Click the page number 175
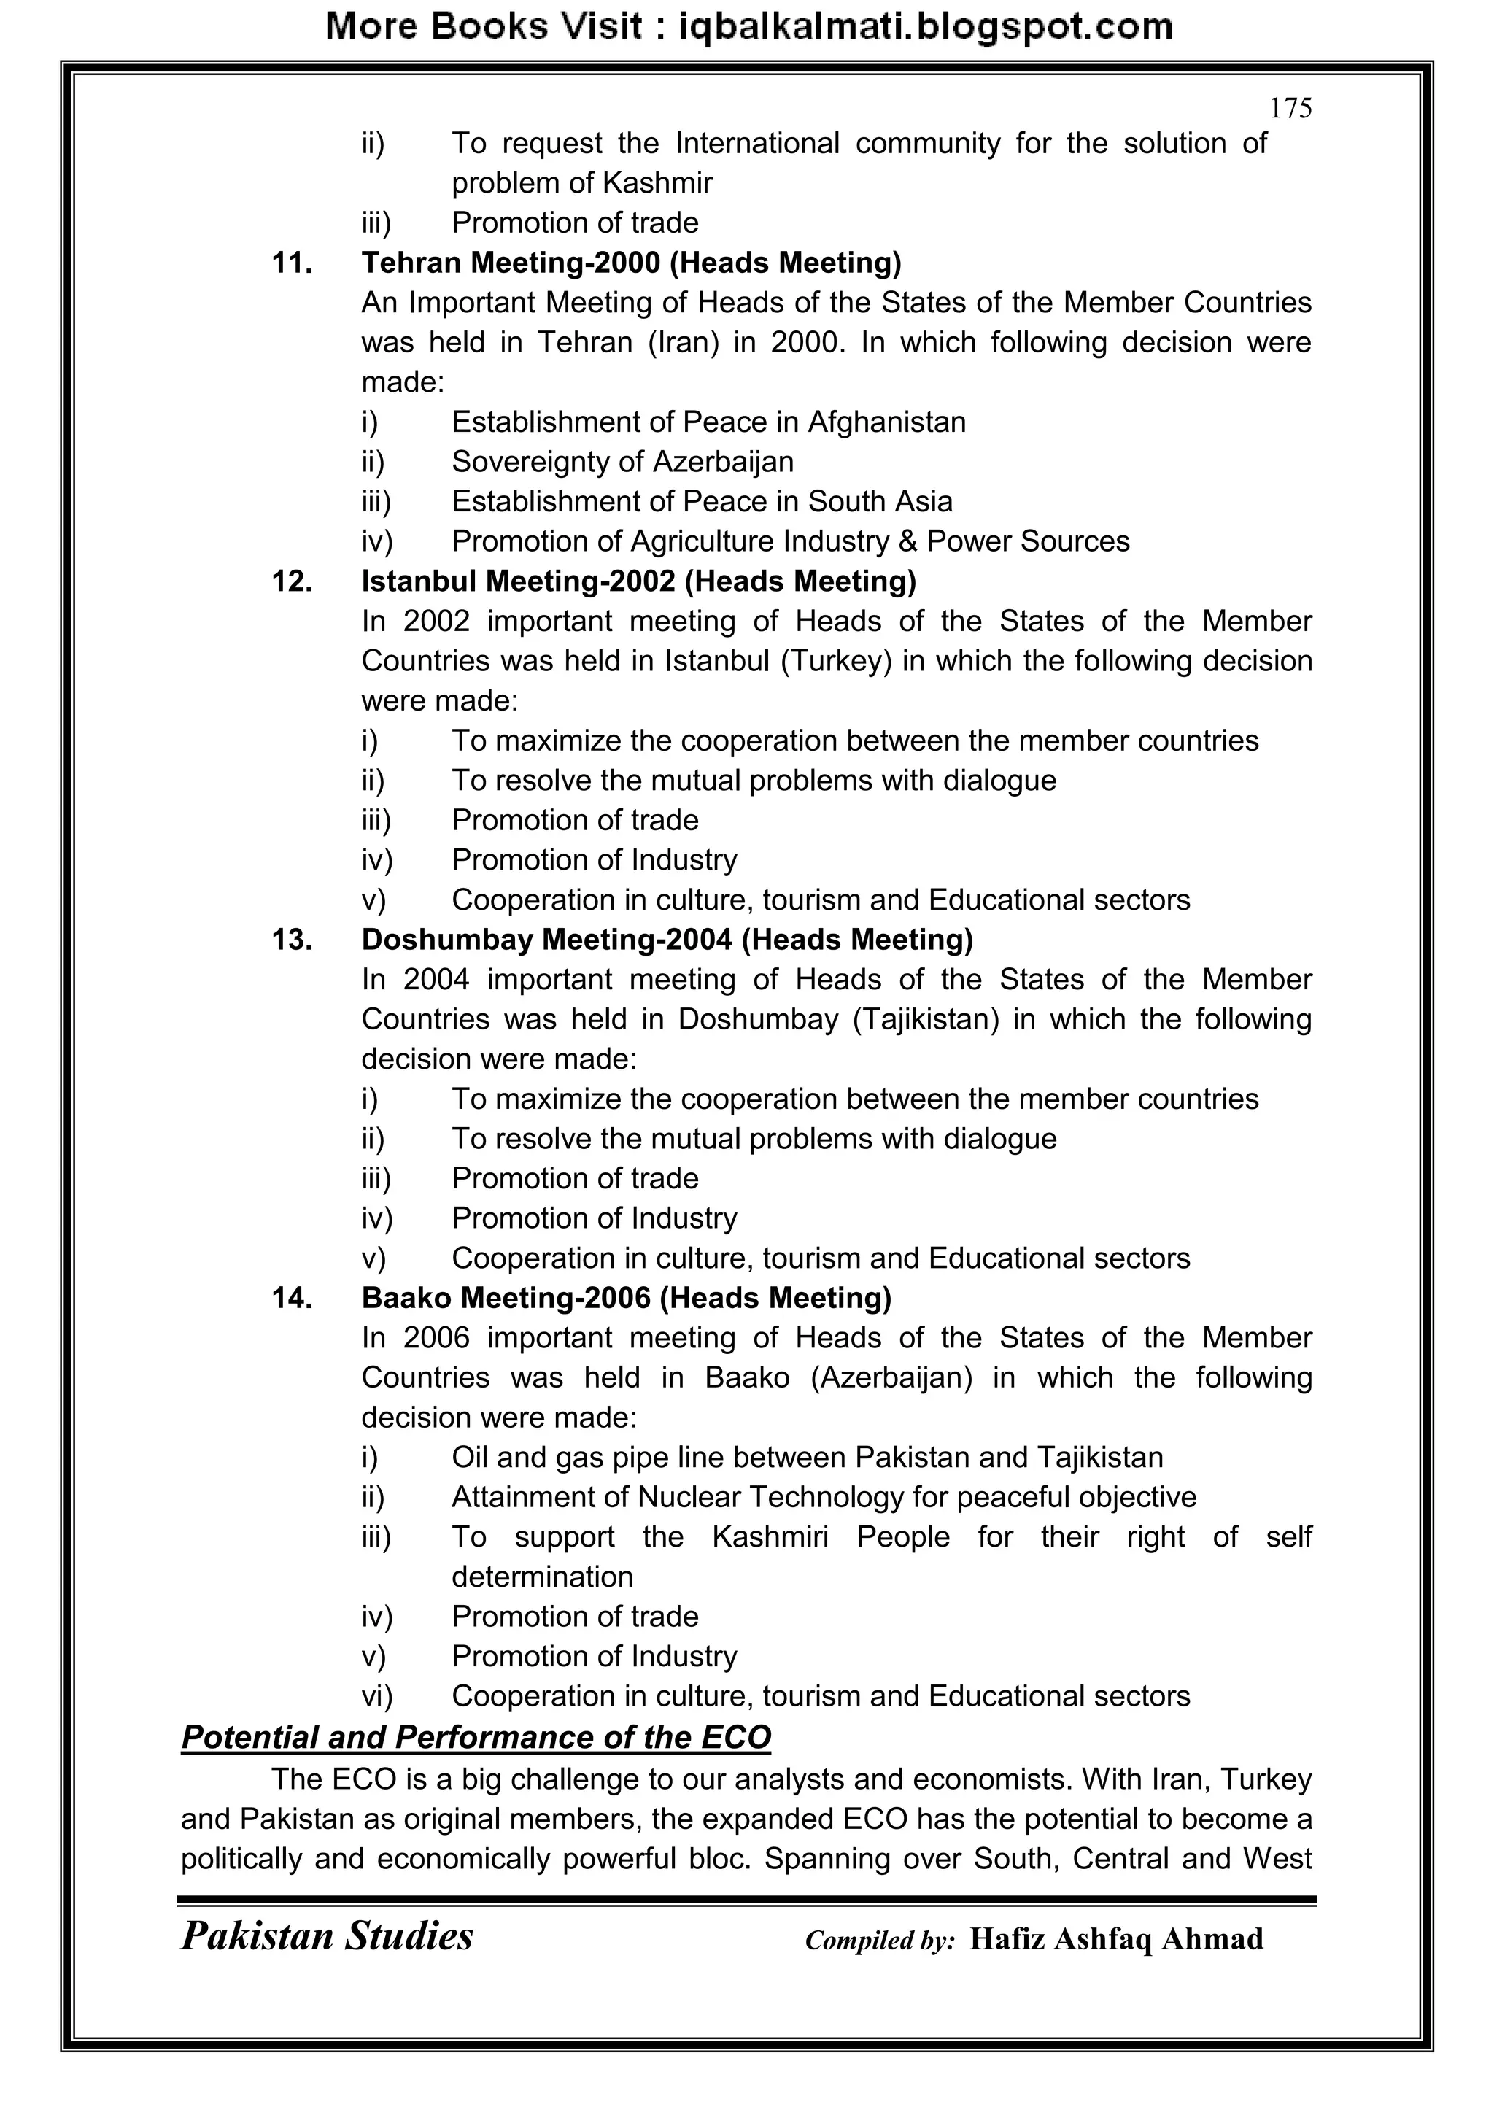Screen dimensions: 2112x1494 (1290, 109)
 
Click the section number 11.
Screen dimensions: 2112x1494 (292, 263)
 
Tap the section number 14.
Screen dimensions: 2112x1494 (292, 1298)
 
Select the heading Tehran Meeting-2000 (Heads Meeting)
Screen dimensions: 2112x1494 (631, 263)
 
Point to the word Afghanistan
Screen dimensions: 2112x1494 (886, 422)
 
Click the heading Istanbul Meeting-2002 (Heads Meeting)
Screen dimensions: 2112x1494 (638, 581)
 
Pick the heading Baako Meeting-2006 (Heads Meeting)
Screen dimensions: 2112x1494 (627, 1298)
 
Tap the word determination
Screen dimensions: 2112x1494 (542, 1577)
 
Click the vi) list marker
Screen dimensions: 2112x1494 (376, 1696)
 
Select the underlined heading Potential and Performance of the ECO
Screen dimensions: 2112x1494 (476, 1738)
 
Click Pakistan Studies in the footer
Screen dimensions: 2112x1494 (327, 1936)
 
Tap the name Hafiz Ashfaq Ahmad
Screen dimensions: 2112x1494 (1116, 1939)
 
